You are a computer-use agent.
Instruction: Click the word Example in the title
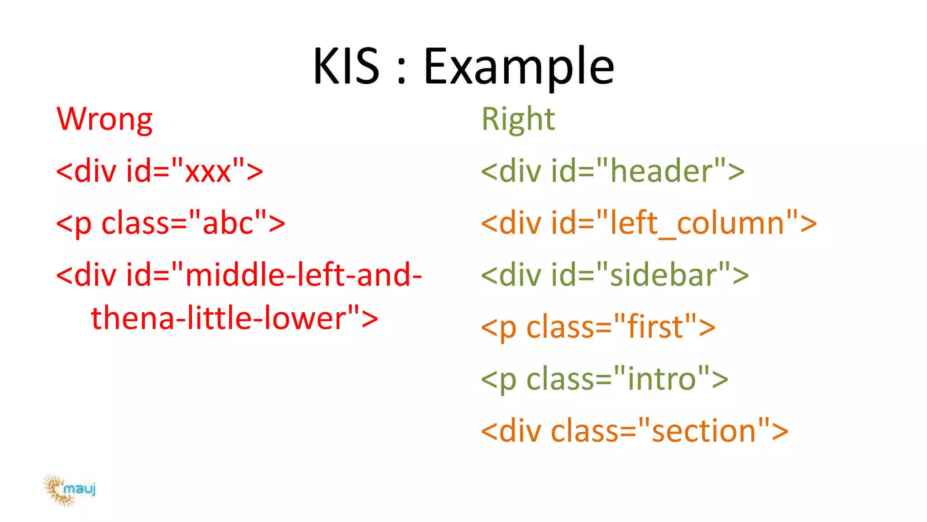click(x=519, y=67)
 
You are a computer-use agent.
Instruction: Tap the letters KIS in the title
click(x=346, y=67)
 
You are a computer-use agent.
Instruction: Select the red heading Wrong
click(x=105, y=120)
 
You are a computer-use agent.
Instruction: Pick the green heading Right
click(x=518, y=120)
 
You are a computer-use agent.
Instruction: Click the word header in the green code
click(x=661, y=172)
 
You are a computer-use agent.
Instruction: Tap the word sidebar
click(x=664, y=275)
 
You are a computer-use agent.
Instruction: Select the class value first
click(x=655, y=327)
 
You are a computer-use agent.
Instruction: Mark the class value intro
click(x=661, y=379)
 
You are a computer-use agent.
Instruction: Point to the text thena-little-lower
click(x=218, y=319)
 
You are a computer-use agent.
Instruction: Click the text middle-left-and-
click(x=303, y=275)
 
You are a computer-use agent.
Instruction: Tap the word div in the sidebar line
click(x=520, y=275)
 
